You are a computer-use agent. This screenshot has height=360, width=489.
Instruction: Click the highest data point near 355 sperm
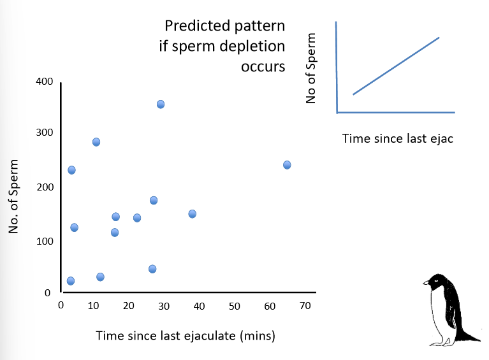click(161, 104)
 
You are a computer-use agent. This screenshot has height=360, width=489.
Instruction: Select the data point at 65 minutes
click(287, 164)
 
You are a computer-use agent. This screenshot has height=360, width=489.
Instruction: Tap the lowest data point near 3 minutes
click(71, 280)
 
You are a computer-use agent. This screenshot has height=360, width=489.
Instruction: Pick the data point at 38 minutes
click(192, 213)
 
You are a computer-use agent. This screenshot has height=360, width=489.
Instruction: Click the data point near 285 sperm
click(96, 141)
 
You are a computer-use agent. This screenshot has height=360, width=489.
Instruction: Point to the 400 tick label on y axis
click(44, 82)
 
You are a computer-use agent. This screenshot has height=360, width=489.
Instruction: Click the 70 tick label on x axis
click(305, 306)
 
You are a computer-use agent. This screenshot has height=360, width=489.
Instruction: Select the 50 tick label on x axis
click(235, 306)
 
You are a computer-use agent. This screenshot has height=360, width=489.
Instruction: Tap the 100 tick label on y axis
click(44, 241)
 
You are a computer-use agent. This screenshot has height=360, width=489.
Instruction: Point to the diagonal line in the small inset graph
click(396, 66)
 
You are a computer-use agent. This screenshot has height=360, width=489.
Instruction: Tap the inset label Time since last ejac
click(397, 138)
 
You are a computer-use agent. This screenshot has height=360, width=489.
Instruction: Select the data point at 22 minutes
click(137, 217)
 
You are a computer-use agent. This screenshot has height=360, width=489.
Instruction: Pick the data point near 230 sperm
click(71, 169)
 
